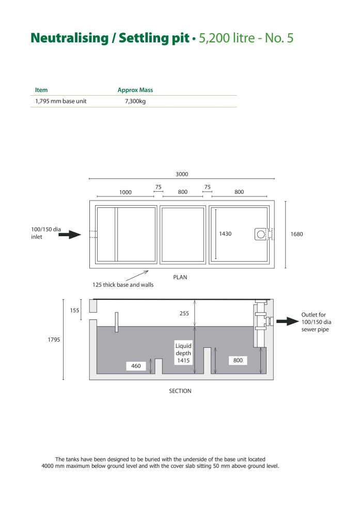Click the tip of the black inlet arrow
(x=81, y=235)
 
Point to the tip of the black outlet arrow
(x=299, y=321)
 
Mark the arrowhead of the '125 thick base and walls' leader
(x=148, y=271)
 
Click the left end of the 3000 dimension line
(x=89, y=178)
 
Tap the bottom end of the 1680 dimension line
(x=286, y=268)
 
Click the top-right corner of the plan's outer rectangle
(x=274, y=201)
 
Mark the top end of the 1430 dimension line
(x=216, y=209)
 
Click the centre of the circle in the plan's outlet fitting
(x=261, y=234)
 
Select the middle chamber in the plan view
(x=183, y=235)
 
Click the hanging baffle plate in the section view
(x=116, y=322)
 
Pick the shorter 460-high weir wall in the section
(x=159, y=366)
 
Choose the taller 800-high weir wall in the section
(x=208, y=361)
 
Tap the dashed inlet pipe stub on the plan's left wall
(x=93, y=235)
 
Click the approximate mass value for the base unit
(x=135, y=101)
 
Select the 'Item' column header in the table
(x=41, y=90)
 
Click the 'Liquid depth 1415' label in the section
(x=183, y=353)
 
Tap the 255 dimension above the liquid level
(x=184, y=313)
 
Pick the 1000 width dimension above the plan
(x=126, y=192)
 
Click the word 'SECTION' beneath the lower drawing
(x=180, y=391)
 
